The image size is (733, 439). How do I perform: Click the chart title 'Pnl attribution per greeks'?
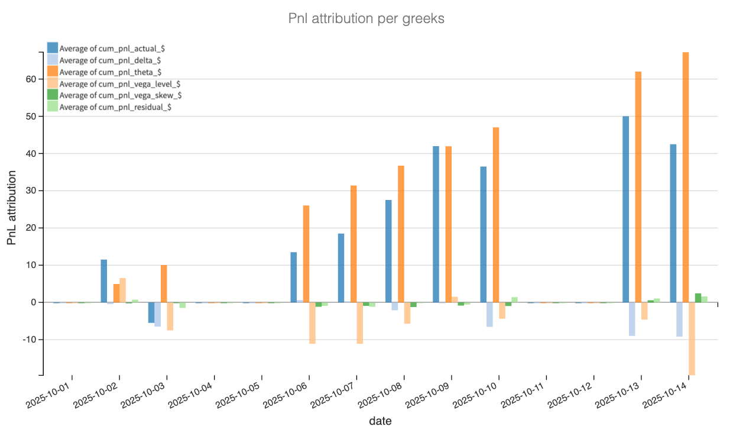pyautogui.click(x=366, y=19)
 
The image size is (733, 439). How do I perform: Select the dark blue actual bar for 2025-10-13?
pyautogui.click(x=625, y=209)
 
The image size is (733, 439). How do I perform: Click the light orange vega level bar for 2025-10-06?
pyautogui.click(x=312, y=323)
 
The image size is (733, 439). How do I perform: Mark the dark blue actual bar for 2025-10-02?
pyautogui.click(x=104, y=281)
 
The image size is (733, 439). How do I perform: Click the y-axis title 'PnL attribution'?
pyautogui.click(x=12, y=206)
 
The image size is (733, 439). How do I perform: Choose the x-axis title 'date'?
pyautogui.click(x=380, y=421)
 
